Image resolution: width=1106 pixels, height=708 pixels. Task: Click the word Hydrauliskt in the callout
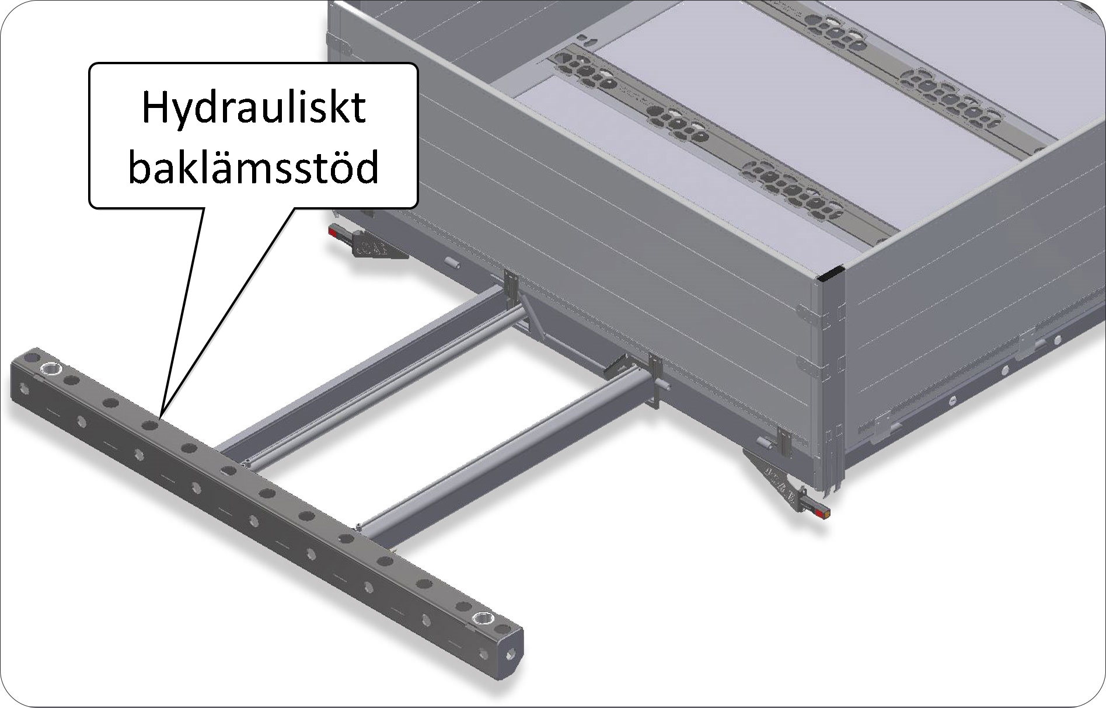pyautogui.click(x=253, y=109)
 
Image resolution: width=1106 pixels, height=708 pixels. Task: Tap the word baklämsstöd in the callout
pyautogui.click(x=253, y=168)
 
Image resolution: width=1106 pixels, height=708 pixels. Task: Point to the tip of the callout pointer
pyautogui.click(x=161, y=416)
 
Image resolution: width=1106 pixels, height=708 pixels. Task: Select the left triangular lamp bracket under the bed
pyautogui.click(x=373, y=248)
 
